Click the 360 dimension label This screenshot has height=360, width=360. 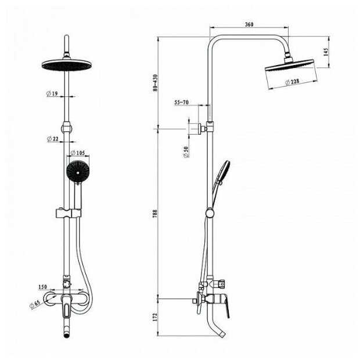coord(249,24)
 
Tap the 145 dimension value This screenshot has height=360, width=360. coord(326,52)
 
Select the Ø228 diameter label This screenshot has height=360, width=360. coord(292,82)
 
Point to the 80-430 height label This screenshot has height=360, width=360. coord(156,83)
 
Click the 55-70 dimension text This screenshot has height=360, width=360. coord(181,102)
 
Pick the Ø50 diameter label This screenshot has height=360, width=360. coord(186,152)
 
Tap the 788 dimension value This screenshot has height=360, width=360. coord(155,214)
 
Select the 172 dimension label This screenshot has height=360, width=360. coord(155,317)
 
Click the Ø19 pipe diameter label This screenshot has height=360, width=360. coord(52,93)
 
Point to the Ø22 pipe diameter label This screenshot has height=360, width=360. coord(53,139)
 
